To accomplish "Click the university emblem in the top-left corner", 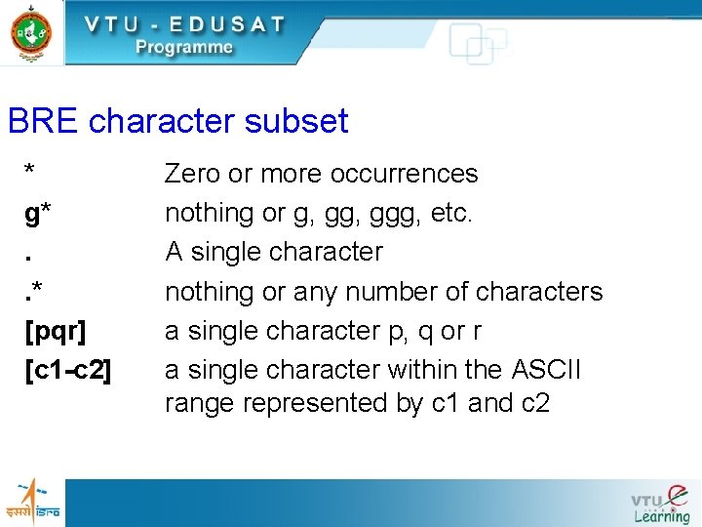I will (32, 33).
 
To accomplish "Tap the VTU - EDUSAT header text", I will (184, 23).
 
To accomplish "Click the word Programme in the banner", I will (184, 47).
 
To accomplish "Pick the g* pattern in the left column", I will (39, 214).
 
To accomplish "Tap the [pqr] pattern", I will (55, 331).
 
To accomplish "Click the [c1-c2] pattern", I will (68, 370).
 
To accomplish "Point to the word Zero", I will (192, 174).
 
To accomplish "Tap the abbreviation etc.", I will (450, 213).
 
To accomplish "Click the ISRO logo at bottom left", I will (34, 501).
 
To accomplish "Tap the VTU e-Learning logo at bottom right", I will (661, 503).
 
